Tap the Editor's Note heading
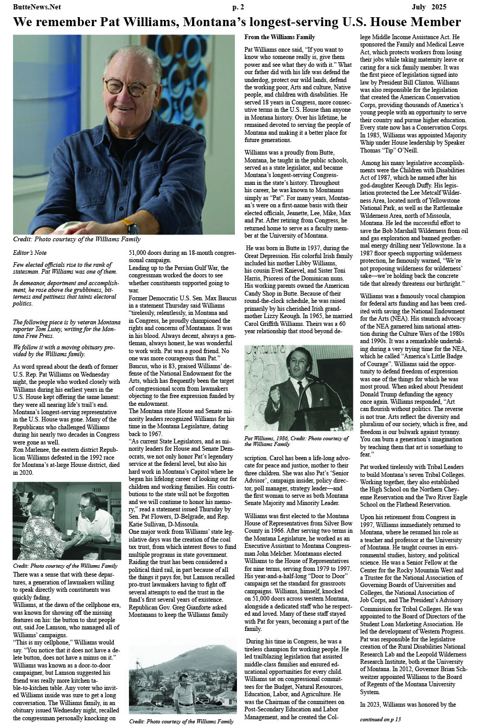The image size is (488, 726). [30, 253]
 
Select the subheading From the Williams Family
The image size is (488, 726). [280, 37]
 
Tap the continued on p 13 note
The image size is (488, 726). [380, 719]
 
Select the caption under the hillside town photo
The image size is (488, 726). [181, 721]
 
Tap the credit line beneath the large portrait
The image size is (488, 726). [77, 239]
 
